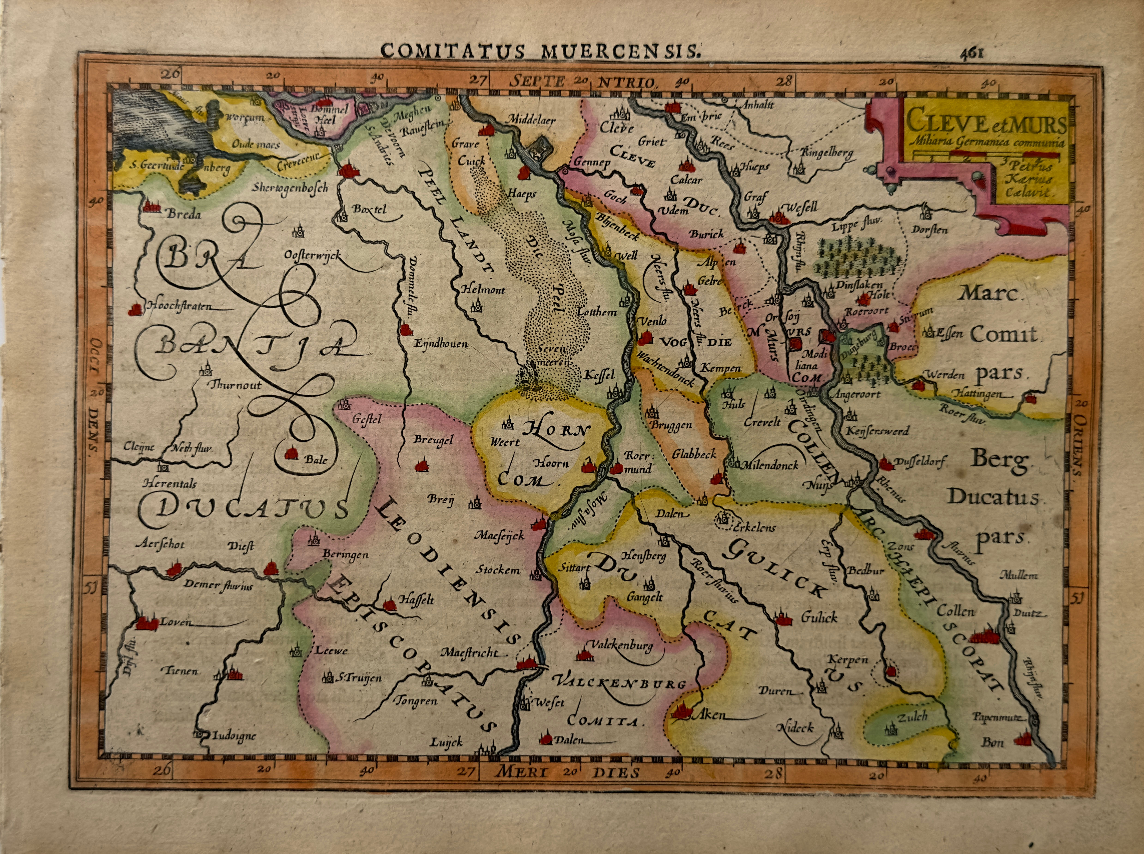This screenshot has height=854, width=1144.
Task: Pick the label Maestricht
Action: pyautogui.click(x=469, y=653)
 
